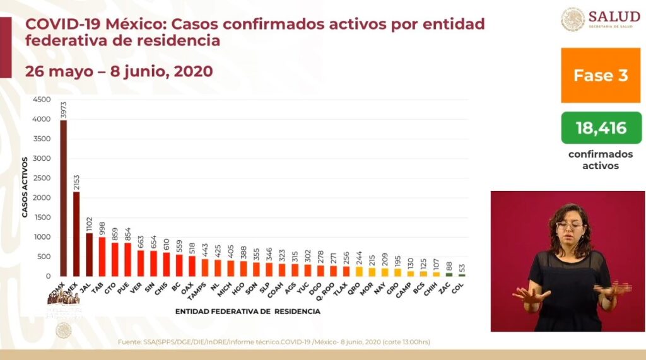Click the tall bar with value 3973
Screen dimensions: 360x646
click(63, 198)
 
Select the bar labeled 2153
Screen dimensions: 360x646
click(76, 234)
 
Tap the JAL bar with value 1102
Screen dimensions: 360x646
click(89, 255)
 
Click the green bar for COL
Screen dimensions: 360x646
click(462, 275)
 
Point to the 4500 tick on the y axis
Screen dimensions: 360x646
click(42, 100)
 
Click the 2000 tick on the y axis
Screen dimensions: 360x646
click(42, 198)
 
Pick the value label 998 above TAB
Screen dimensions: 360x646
click(102, 228)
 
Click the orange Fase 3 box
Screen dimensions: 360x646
click(600, 76)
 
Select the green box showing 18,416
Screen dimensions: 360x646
click(600, 128)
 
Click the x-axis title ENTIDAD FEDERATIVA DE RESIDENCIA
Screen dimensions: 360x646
click(248, 311)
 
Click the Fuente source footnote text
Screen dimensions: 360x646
click(274, 342)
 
